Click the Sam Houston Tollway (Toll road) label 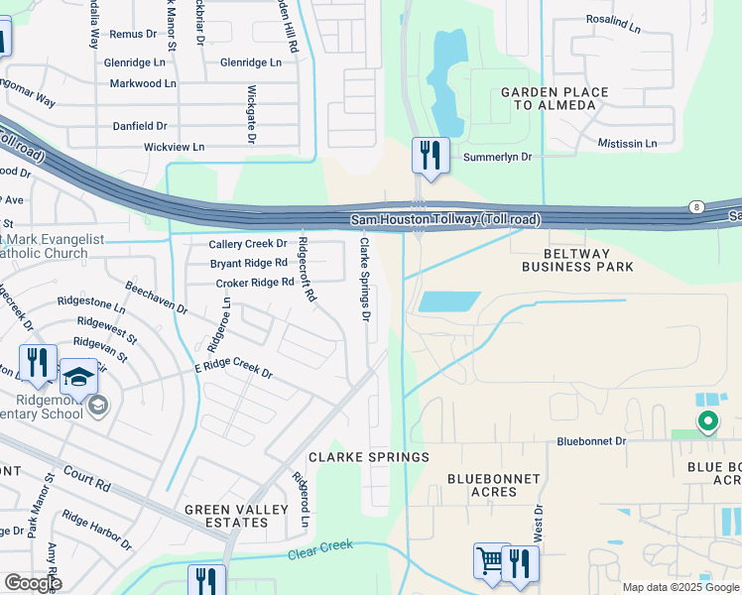coord(445,219)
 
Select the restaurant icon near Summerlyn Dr coord(430,156)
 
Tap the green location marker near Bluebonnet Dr coord(707,423)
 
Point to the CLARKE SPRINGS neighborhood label coord(368,457)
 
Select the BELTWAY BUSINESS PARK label coord(577,260)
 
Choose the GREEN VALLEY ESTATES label coord(237,517)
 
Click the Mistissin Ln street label coord(627,144)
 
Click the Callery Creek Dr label coord(247,244)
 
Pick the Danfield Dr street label coord(139,127)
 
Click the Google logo coord(33,583)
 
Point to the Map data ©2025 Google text coord(679,587)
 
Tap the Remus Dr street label coord(133,34)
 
